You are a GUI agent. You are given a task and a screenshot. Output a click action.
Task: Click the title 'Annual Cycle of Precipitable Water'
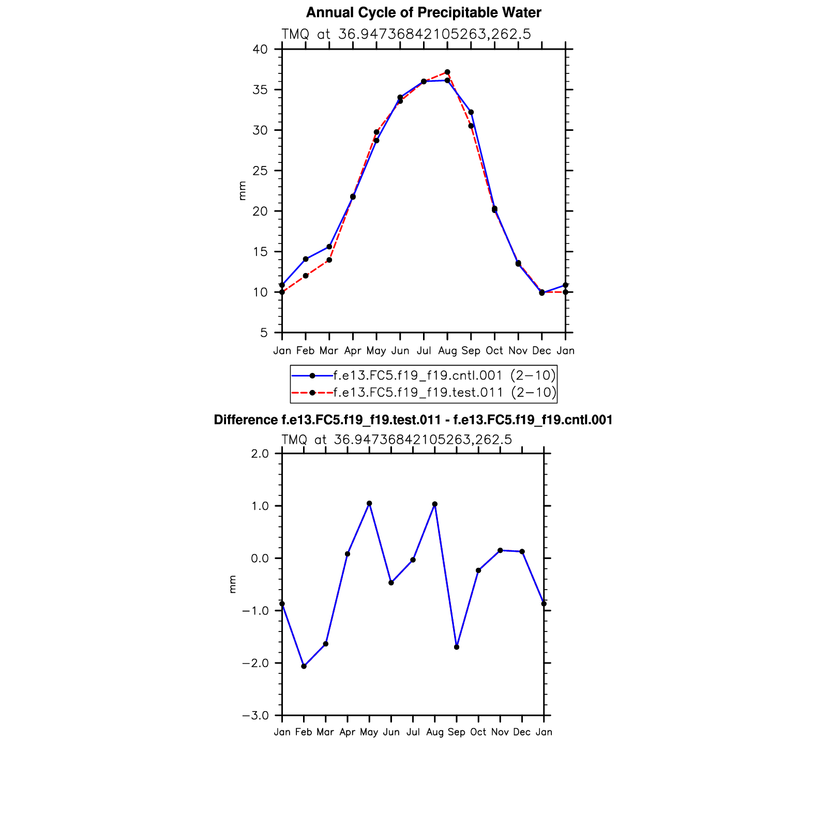(424, 12)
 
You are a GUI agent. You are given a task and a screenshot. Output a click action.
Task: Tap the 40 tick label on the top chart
(260, 49)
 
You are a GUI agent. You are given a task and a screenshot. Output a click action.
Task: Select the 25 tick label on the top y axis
(260, 171)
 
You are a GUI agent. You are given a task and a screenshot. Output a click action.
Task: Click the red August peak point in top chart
(447, 72)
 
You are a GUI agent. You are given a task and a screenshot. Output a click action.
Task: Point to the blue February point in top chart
(306, 259)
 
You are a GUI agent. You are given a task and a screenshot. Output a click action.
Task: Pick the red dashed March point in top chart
(329, 260)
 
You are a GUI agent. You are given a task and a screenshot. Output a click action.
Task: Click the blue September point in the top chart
(471, 112)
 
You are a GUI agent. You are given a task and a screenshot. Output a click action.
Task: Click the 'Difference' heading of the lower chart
(413, 420)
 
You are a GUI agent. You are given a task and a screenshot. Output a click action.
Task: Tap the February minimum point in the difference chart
(304, 666)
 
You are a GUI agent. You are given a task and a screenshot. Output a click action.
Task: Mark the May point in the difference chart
(369, 503)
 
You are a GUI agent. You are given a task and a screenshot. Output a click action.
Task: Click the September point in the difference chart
(457, 647)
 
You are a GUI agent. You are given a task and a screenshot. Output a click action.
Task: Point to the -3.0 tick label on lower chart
(255, 716)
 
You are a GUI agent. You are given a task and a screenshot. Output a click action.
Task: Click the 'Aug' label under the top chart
(447, 351)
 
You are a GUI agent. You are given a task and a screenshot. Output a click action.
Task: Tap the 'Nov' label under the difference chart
(500, 732)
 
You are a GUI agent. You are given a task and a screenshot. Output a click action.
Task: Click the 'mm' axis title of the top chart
(242, 191)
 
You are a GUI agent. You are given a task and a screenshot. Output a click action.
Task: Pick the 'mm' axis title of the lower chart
(233, 584)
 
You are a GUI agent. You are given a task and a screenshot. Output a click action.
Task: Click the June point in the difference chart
(391, 583)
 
